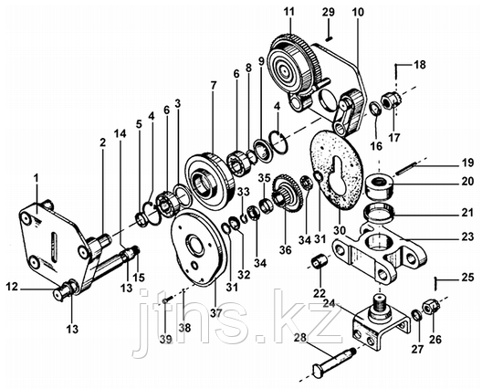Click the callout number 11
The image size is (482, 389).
click(289, 12)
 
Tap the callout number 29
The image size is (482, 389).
click(329, 13)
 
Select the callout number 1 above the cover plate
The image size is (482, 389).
click(37, 178)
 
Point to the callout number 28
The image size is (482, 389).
click(300, 337)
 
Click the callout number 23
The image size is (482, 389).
click(466, 237)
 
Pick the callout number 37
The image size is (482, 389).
click(216, 313)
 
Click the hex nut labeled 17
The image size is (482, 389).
click(391, 101)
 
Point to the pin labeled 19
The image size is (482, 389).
click(405, 168)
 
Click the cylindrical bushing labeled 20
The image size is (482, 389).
click(380, 185)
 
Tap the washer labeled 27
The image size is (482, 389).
click(416, 315)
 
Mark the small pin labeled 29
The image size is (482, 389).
click(329, 38)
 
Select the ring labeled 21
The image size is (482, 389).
click(379, 212)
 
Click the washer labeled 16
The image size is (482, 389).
click(375, 109)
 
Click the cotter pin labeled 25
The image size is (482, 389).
click(435, 283)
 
